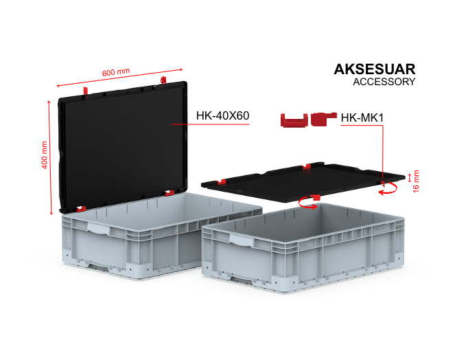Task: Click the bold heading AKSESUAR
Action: [375, 69]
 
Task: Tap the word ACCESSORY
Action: [384, 82]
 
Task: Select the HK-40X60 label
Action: [222, 115]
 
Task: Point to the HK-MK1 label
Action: [362, 117]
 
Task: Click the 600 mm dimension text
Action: [116, 72]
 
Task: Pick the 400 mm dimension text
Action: [44, 155]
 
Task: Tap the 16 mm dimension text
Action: [416, 181]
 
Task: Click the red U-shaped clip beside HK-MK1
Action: [294, 120]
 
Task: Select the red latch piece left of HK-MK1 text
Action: [323, 119]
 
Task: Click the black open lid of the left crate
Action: [123, 146]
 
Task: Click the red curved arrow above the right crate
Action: [307, 203]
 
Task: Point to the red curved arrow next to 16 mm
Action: [389, 188]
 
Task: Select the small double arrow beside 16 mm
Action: [409, 178]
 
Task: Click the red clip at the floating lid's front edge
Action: [316, 197]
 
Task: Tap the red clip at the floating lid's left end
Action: [221, 182]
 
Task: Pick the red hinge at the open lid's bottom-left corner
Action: [81, 208]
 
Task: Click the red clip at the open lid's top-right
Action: [163, 80]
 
